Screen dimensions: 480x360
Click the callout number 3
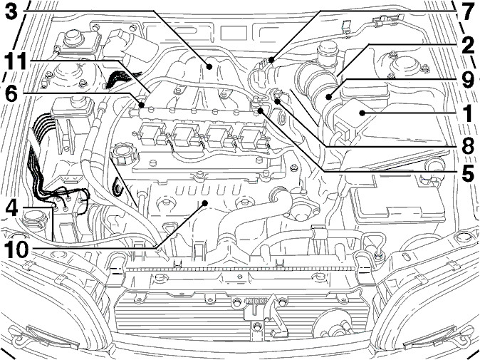point(11,11)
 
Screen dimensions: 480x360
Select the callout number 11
point(15,62)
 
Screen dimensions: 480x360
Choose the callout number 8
point(467,146)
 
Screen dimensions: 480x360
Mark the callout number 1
point(467,113)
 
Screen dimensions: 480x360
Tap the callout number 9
point(467,79)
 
